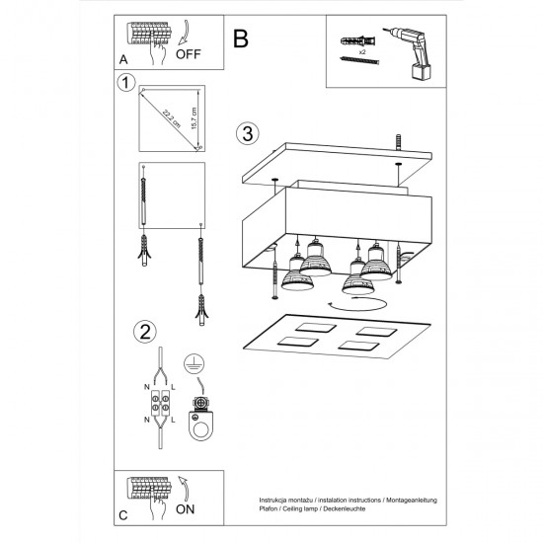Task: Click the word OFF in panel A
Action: point(193,54)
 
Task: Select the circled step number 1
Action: point(123,84)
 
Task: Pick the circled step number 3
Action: point(247,132)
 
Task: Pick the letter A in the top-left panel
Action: point(123,59)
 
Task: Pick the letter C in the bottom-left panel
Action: point(123,514)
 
